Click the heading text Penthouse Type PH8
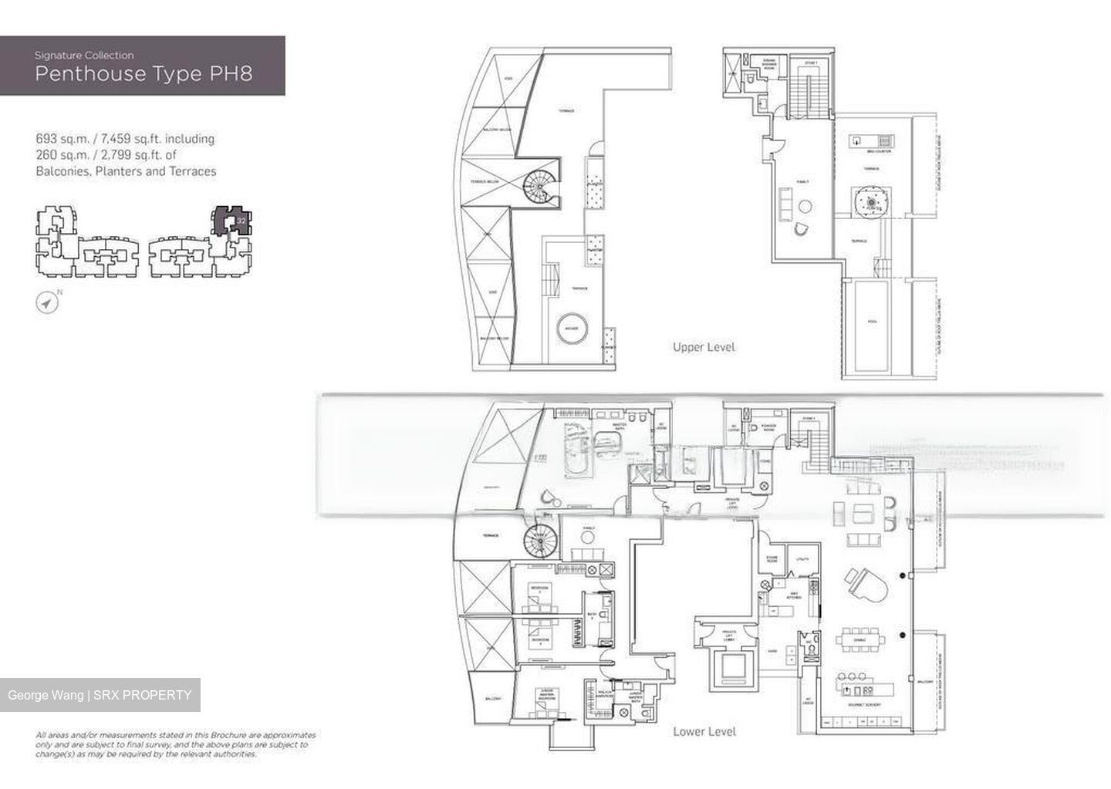coord(144,74)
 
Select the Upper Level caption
coord(703,347)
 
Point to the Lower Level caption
coord(704,731)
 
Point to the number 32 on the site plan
coord(241,221)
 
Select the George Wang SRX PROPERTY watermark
coord(100,695)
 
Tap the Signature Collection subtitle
coord(84,56)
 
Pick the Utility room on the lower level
coord(802,559)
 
